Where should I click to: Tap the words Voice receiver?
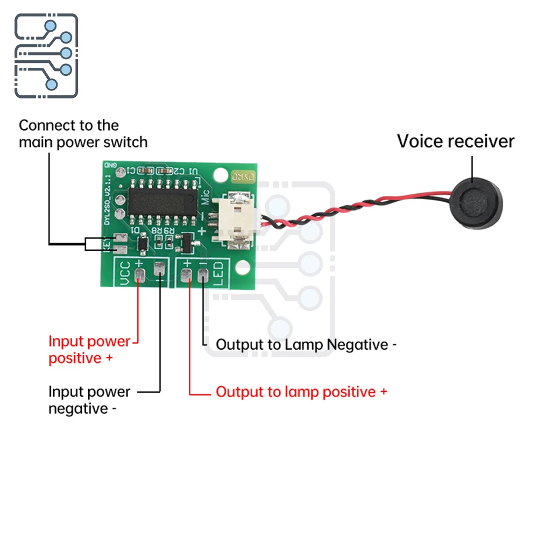(x=456, y=141)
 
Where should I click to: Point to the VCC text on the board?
(x=124, y=274)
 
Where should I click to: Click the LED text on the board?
(x=220, y=274)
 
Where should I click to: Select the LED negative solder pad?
(x=203, y=275)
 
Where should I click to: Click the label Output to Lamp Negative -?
(x=306, y=344)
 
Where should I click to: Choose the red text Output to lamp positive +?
(x=301, y=392)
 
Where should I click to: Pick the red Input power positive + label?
(x=89, y=350)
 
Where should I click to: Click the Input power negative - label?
(x=89, y=400)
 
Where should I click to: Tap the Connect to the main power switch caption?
(x=83, y=134)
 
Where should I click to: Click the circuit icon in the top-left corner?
(x=46, y=56)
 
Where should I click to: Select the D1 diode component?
(x=143, y=244)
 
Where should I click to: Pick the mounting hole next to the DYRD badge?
(x=220, y=175)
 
